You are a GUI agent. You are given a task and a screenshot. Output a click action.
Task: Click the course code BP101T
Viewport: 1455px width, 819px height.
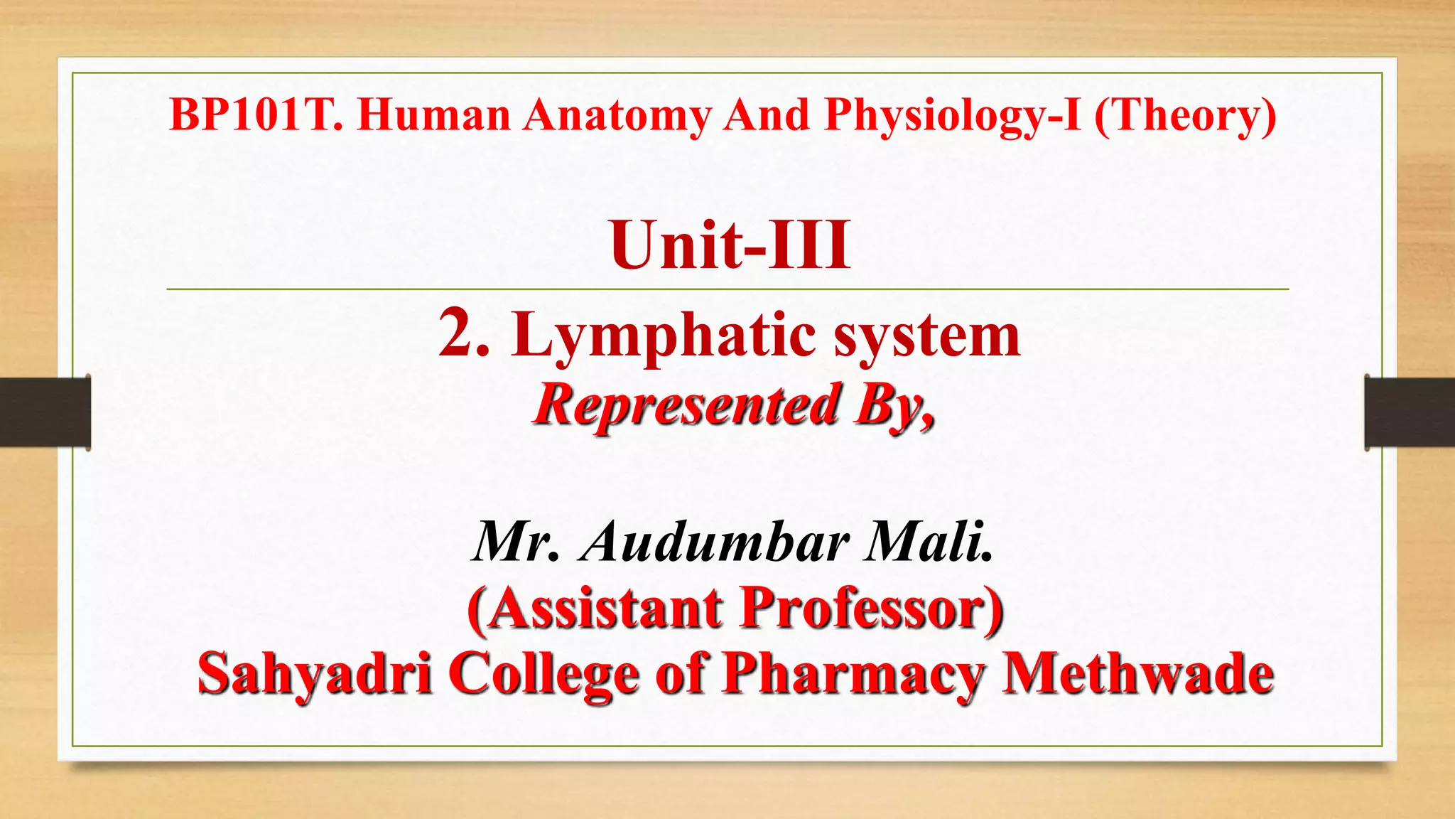point(256,114)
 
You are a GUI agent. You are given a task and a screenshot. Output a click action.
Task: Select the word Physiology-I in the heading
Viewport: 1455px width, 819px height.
point(953,116)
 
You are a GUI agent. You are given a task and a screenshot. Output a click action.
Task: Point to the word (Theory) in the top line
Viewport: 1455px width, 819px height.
point(1185,116)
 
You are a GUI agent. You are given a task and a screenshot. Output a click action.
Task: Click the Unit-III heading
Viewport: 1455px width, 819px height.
point(730,245)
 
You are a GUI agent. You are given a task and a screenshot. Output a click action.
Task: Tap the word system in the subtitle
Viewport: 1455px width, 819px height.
point(927,336)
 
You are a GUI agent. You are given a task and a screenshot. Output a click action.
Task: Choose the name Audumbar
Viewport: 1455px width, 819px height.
point(715,542)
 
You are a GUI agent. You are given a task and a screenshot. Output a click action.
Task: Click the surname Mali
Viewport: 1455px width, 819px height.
point(928,542)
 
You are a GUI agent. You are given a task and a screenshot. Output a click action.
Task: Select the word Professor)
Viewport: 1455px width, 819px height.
point(872,609)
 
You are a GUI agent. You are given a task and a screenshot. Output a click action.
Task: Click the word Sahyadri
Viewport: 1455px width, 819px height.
point(315,674)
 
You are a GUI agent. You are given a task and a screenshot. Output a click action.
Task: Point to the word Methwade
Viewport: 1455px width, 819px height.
point(1137,674)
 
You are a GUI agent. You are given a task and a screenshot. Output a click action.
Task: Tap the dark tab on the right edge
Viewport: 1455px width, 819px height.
point(1410,412)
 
